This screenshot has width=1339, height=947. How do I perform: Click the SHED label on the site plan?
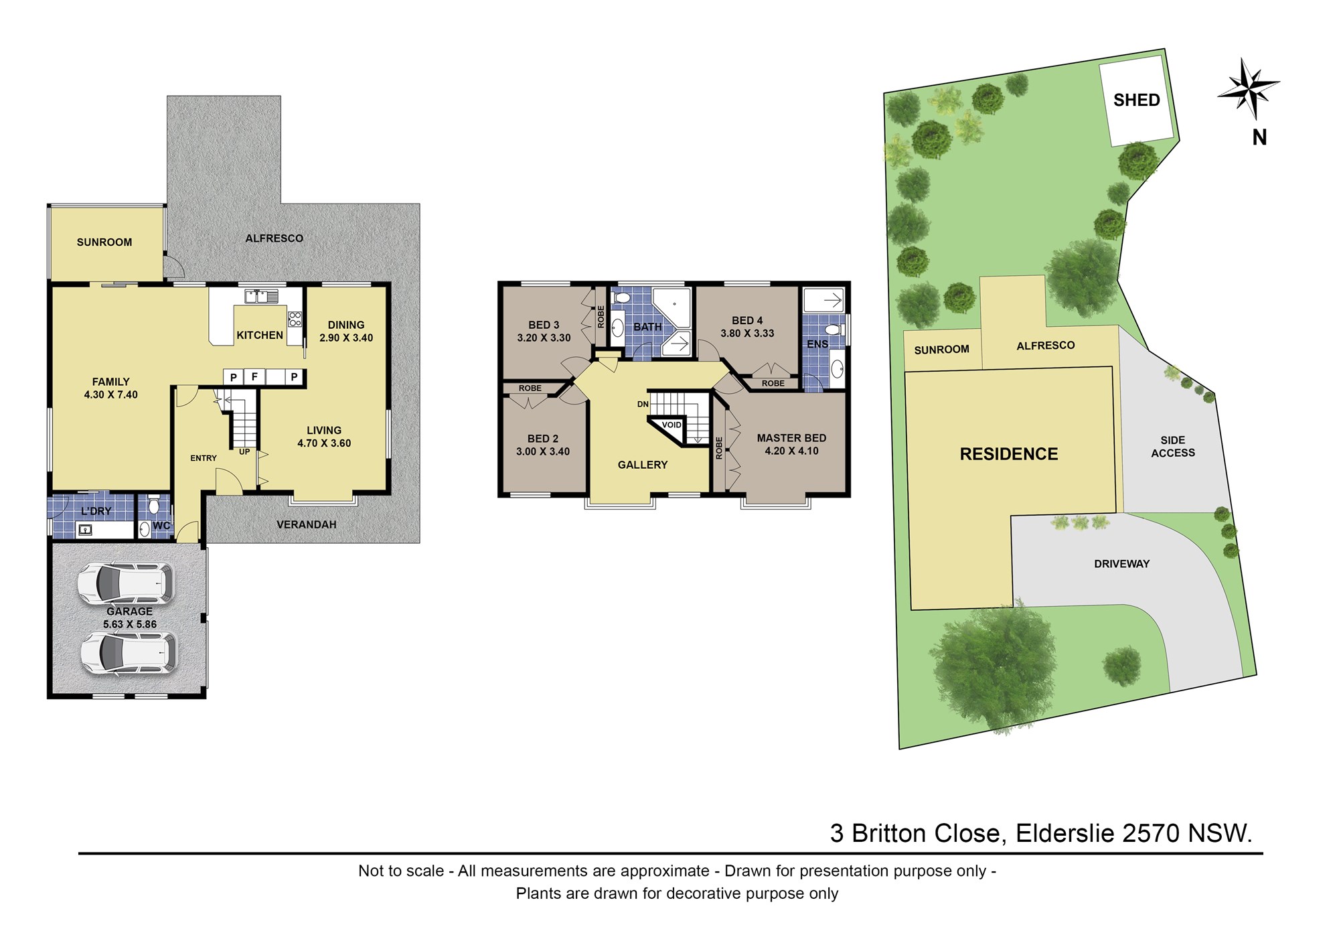pos(1136,100)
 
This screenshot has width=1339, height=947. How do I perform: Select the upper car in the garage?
pos(125,583)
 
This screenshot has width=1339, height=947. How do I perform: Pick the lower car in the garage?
pos(129,652)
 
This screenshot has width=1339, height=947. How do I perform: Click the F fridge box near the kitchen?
pos(254,377)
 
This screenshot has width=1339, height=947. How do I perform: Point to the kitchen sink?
pos(262,295)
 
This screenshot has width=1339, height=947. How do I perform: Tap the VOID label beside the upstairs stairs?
pos(672,425)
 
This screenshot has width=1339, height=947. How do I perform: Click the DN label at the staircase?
pos(643,405)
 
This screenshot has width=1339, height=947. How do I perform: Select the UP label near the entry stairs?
pos(244,452)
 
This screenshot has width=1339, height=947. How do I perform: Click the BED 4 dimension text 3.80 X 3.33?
pos(747,334)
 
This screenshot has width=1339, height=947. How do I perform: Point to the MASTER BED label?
pos(791,438)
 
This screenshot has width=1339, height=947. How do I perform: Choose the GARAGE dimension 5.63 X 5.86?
pos(130,624)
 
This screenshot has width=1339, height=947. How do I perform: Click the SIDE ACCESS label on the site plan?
pos(1173,447)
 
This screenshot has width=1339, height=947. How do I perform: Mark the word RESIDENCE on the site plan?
pos(1009,454)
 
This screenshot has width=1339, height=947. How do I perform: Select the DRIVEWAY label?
pos(1121,564)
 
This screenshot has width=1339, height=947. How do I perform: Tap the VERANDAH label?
pos(307,524)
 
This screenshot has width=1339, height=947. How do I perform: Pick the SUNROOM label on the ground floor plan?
pos(104,242)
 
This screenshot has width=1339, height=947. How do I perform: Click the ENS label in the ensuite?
pos(817,344)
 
